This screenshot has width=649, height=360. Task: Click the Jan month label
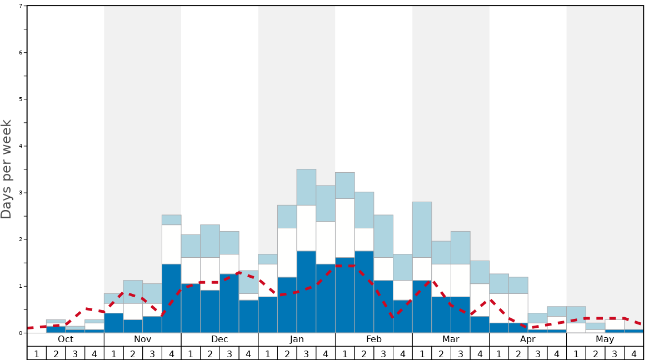[x=297, y=339]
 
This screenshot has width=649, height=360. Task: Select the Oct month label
[x=66, y=339]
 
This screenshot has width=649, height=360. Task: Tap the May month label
[x=605, y=339]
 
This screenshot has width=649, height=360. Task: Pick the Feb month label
[x=374, y=339]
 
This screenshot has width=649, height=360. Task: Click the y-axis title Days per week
[x=7, y=169]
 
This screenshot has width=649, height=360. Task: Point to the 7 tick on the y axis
[x=21, y=6]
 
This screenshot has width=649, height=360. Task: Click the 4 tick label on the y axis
[x=21, y=146]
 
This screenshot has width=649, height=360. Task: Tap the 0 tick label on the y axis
[x=21, y=333]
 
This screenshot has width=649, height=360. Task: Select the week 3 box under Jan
[x=306, y=353]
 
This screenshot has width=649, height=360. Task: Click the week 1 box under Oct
[x=37, y=353]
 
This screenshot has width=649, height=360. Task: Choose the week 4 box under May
[x=634, y=353]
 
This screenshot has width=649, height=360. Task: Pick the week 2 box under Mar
[x=441, y=353]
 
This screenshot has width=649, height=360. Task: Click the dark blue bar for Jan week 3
[x=306, y=292]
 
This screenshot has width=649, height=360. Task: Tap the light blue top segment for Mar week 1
[x=422, y=229]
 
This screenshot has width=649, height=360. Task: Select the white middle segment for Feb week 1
[x=345, y=228]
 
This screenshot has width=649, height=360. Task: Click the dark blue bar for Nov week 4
[x=171, y=298]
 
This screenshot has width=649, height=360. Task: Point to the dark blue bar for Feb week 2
[x=364, y=292]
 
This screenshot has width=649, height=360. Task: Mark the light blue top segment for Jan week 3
[x=306, y=187]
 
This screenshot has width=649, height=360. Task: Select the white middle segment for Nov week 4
[x=171, y=244]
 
